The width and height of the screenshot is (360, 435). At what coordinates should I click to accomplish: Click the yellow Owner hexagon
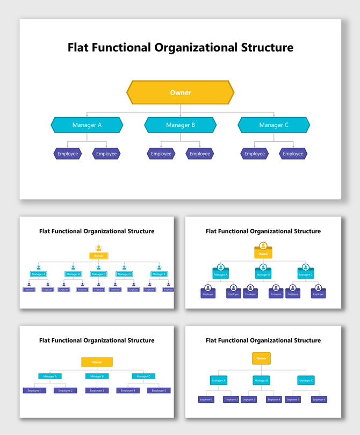pyautogui.click(x=181, y=92)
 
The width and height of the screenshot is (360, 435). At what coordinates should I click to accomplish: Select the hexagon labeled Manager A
pyautogui.click(x=87, y=125)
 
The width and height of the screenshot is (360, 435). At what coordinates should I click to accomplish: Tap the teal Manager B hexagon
pyautogui.click(x=181, y=125)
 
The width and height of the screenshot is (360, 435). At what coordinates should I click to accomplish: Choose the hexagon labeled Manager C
pyautogui.click(x=274, y=125)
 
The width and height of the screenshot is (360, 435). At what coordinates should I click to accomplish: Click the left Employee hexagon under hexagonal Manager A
pyautogui.click(x=68, y=154)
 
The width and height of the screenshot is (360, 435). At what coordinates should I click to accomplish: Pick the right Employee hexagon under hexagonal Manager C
pyautogui.click(x=293, y=154)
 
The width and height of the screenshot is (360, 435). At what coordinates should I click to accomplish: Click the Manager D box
pyautogui.click(x=98, y=274)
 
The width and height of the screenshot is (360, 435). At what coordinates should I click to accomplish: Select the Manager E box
pyautogui.click(x=125, y=274)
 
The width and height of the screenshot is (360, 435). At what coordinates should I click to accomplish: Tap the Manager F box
pyautogui.click(x=159, y=274)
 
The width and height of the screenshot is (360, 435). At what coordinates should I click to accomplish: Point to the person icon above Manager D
pyautogui.click(x=99, y=267)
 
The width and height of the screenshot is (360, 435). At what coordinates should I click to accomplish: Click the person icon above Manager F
pyautogui.click(x=159, y=267)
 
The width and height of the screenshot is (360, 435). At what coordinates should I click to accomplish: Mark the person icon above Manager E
pyautogui.click(x=125, y=267)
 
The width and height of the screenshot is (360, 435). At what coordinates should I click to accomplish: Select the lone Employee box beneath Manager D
pyautogui.click(x=98, y=289)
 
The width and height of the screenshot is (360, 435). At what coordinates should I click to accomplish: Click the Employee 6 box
pyautogui.click(x=319, y=400)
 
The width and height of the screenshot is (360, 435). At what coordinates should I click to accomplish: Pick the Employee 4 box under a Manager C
pyautogui.click(x=128, y=390)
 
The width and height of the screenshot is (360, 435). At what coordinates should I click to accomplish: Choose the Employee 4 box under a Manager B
pyautogui.click(x=274, y=400)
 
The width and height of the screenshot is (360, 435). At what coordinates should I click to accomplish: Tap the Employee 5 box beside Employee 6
pyautogui.click(x=292, y=400)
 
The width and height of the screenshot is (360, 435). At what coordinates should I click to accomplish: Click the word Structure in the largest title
pyautogui.click(x=265, y=47)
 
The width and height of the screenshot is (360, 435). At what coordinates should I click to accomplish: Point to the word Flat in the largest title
pyautogui.click(x=79, y=47)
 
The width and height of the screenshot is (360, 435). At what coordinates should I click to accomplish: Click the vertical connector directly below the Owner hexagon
pyautogui.click(x=181, y=108)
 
